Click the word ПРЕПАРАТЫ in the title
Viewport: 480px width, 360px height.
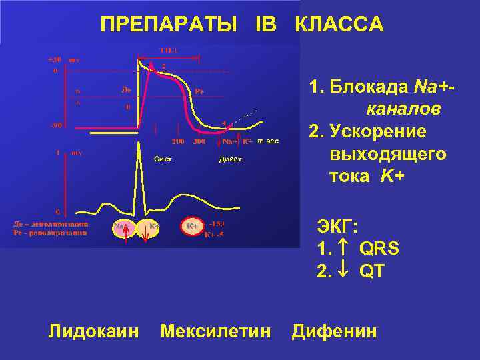(169, 25)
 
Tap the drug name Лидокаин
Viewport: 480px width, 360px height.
(94, 331)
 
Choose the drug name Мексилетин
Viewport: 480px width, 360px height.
(216, 331)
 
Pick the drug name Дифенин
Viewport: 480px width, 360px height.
(334, 331)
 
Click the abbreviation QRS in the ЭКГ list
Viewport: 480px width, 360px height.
(379, 249)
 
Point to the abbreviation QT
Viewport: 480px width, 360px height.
(372, 272)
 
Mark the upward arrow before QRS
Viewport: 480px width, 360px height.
(347, 249)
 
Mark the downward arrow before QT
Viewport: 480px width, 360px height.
(347, 272)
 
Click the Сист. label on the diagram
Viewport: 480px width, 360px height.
(164, 159)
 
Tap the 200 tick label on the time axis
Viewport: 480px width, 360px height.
(179, 142)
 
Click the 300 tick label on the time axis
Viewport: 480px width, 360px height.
(199, 142)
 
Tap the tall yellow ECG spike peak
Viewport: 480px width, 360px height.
(146, 151)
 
